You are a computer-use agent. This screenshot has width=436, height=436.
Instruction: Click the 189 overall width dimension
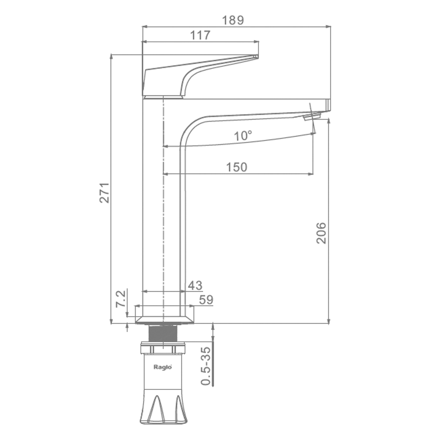[233, 20]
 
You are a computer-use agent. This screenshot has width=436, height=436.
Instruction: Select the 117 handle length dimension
[200, 35]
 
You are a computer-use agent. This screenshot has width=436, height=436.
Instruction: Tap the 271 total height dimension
[105, 193]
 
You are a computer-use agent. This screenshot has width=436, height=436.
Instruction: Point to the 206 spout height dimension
[321, 233]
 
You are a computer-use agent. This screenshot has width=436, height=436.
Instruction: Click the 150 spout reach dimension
[237, 167]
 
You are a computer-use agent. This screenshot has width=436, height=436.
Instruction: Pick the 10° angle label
[243, 136]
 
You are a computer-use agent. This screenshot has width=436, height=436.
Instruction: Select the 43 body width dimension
[195, 285]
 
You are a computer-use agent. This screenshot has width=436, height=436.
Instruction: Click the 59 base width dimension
[206, 300]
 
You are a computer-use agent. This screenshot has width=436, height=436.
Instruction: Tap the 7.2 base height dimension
[121, 299]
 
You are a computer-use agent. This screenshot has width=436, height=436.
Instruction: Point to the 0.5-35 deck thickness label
[206, 366]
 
